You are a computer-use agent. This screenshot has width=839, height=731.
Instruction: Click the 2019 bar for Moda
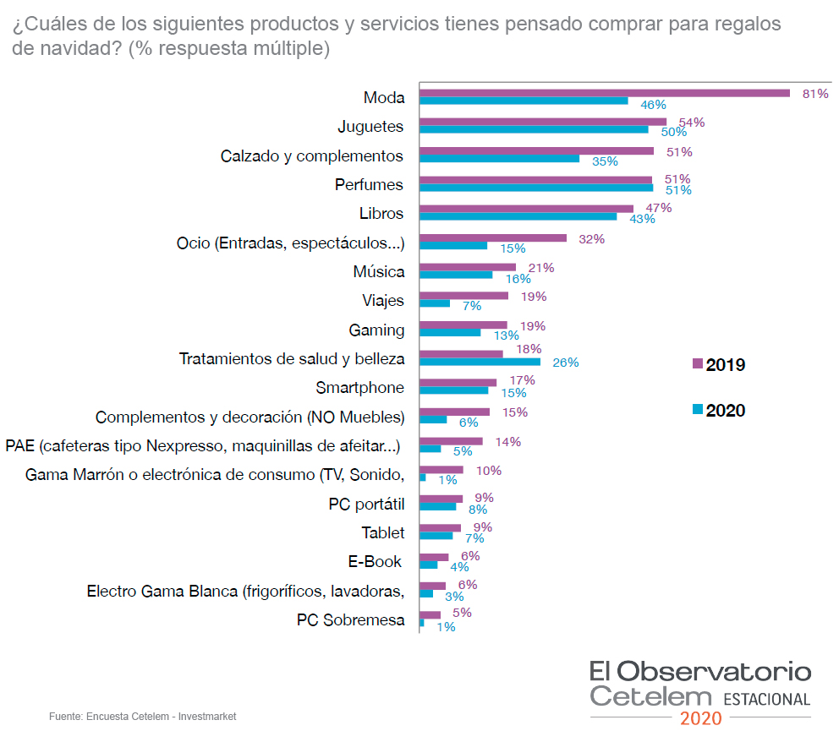605,93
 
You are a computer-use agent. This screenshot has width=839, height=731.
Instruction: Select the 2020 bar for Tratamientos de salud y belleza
480,362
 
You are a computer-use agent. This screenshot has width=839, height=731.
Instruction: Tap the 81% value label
815,94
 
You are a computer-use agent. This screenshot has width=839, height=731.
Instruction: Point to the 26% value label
566,363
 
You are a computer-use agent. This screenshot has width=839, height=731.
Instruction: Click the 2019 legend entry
719,365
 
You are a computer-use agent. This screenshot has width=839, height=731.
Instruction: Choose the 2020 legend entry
719,411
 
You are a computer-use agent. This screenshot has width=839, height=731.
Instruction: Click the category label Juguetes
370,127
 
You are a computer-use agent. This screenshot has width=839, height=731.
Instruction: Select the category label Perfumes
369,184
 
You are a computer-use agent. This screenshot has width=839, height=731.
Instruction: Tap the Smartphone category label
360,388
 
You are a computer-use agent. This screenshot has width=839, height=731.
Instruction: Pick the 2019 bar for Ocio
493,238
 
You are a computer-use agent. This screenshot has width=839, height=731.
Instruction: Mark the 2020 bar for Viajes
435,303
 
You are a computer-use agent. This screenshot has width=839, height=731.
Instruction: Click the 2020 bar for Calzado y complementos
499,158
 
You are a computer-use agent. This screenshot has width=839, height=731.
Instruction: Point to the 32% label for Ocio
591,239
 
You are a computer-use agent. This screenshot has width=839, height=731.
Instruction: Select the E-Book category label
375,562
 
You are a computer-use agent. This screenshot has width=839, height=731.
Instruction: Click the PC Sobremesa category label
350,620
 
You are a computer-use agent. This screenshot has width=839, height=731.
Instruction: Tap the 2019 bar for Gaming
463,325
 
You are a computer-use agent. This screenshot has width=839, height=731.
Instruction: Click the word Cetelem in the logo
651,697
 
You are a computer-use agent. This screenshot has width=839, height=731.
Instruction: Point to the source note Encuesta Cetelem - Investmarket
142,717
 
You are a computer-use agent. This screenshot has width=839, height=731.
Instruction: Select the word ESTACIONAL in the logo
766,700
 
